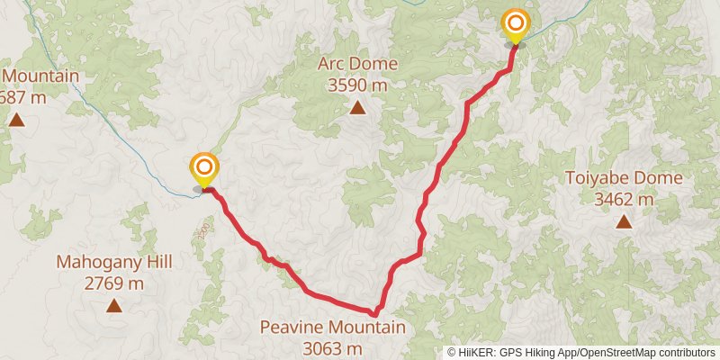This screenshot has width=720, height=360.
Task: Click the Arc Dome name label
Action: click(x=356, y=64)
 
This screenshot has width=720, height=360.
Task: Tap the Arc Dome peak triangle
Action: click(x=357, y=109)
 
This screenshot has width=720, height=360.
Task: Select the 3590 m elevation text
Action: click(x=357, y=85)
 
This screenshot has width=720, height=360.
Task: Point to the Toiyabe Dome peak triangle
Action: click(x=623, y=222)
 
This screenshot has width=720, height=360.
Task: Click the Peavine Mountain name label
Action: click(x=332, y=328)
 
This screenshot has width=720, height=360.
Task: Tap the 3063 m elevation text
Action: click(x=332, y=348)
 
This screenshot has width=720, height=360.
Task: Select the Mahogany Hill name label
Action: click(x=114, y=263)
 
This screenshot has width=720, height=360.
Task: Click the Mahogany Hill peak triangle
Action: click(x=114, y=305)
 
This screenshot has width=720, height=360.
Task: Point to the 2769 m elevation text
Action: click(x=114, y=283)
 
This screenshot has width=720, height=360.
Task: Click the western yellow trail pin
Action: click(x=204, y=168)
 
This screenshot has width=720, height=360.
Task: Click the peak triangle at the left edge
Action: click(x=16, y=119)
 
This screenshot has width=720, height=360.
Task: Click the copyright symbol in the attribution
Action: click(x=452, y=353)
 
